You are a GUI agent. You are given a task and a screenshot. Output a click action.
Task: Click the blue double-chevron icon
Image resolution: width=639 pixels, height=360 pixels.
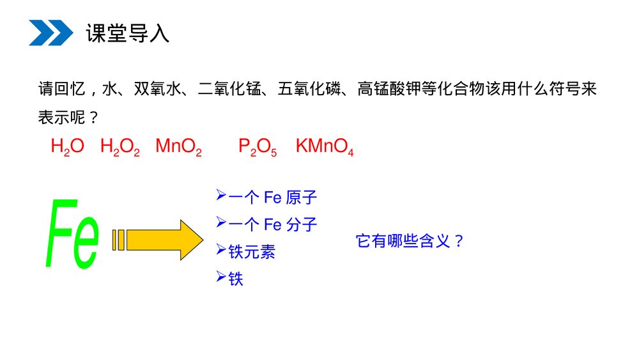[x=51, y=33]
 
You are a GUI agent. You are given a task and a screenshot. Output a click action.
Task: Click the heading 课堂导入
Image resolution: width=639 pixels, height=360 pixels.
[x=128, y=33]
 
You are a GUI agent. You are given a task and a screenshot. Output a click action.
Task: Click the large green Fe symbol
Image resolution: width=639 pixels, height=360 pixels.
[x=73, y=233]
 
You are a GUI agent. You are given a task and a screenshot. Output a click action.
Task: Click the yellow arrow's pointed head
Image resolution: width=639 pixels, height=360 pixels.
[x=203, y=240]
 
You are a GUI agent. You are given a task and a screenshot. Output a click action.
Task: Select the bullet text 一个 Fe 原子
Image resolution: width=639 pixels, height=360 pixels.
[x=272, y=198]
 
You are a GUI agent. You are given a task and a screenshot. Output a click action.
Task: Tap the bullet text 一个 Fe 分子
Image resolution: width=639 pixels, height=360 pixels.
[x=272, y=224]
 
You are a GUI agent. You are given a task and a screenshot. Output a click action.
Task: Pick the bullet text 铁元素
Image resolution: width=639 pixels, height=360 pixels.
[x=251, y=251]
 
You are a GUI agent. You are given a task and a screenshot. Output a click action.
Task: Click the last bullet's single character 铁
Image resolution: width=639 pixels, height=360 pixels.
[x=236, y=279]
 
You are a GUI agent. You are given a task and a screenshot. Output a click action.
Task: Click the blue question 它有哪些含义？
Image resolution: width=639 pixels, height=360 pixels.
[x=410, y=241]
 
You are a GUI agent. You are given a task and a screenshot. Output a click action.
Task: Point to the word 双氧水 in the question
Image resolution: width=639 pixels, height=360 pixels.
[x=158, y=89]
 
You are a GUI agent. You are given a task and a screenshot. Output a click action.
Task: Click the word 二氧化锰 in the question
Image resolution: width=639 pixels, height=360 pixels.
[x=229, y=89]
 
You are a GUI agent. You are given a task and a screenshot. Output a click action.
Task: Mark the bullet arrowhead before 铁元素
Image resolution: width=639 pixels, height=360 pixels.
[x=221, y=249]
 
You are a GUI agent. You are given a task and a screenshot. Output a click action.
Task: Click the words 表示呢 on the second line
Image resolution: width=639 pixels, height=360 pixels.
[x=61, y=118]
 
